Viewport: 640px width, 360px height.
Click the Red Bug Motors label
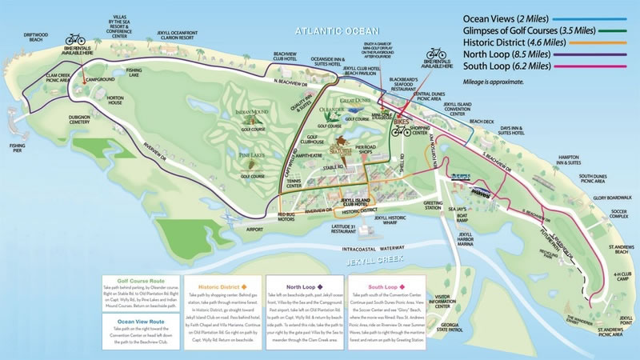290,217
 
